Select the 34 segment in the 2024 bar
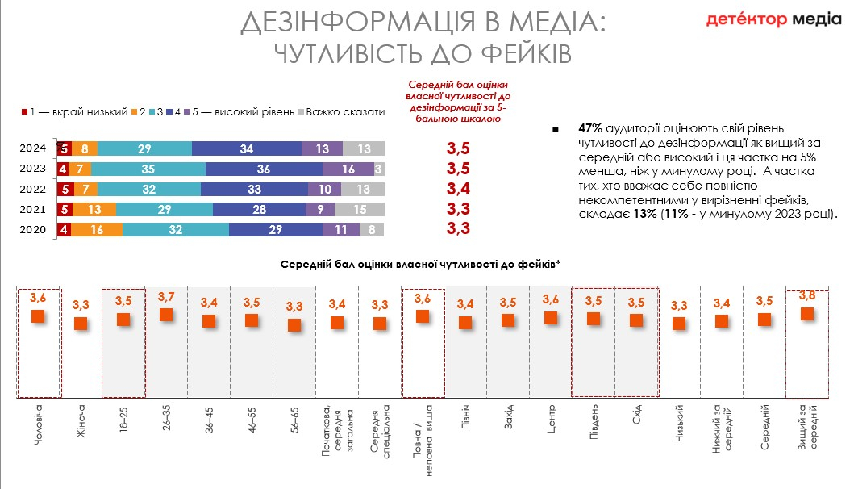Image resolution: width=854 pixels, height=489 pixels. click(x=247, y=148)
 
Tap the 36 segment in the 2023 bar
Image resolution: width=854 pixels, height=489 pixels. click(x=264, y=169)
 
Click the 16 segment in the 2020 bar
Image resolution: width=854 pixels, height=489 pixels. click(x=97, y=229)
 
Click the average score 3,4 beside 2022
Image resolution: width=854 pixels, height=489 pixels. click(x=458, y=190)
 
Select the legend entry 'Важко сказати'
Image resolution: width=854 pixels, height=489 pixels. click(x=344, y=111)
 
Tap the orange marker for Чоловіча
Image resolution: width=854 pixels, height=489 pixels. click(x=38, y=316)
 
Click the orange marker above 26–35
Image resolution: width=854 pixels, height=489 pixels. click(x=166, y=314)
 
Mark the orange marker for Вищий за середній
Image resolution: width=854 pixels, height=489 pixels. click(x=806, y=313)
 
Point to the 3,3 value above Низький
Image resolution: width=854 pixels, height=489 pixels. click(x=679, y=306)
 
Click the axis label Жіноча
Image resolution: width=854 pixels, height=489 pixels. click(x=81, y=425)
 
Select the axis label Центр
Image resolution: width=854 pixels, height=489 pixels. click(x=551, y=420)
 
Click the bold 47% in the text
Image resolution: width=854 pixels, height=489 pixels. click(x=591, y=128)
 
